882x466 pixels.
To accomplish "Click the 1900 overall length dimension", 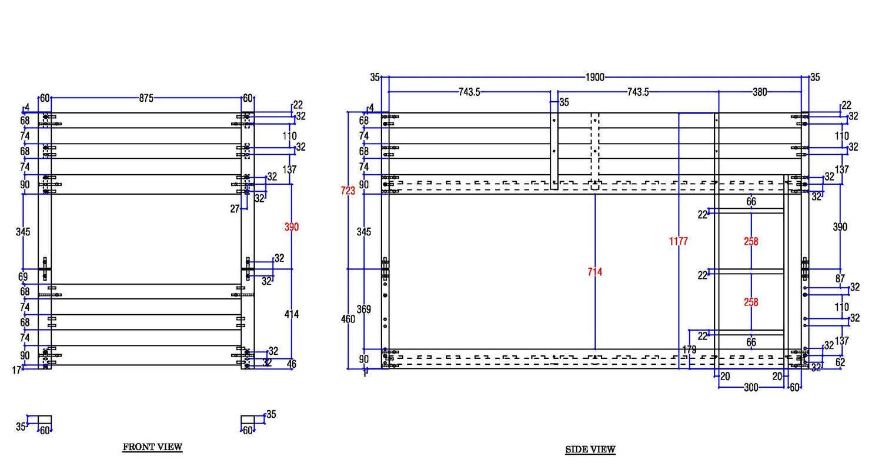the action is [x=594, y=77].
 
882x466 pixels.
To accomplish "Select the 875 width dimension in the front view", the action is [x=146, y=98].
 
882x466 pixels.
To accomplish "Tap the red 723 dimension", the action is [x=348, y=191].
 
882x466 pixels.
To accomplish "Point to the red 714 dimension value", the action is [x=594, y=272].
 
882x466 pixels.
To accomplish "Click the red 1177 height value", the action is [x=678, y=241].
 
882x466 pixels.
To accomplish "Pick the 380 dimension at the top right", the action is [x=760, y=92].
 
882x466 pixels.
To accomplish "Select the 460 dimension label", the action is [x=348, y=319].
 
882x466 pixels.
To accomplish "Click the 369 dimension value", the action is [x=363, y=309].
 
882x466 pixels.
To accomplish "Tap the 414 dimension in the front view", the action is [x=292, y=314].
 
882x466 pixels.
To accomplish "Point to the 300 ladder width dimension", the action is [x=751, y=388].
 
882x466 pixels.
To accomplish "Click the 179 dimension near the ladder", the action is [x=689, y=349].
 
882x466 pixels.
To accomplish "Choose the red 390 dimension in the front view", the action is [x=292, y=227].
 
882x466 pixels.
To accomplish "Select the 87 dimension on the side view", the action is [x=840, y=278].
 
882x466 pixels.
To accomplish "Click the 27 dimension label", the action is [x=235, y=209].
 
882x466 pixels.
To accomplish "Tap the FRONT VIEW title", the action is [x=152, y=447].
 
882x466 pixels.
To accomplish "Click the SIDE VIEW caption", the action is [x=590, y=450].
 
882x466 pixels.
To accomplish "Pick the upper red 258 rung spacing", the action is [x=751, y=241].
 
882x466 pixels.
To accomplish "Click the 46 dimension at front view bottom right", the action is [x=292, y=364].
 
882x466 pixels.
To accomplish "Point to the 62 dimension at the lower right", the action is [x=840, y=362].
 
